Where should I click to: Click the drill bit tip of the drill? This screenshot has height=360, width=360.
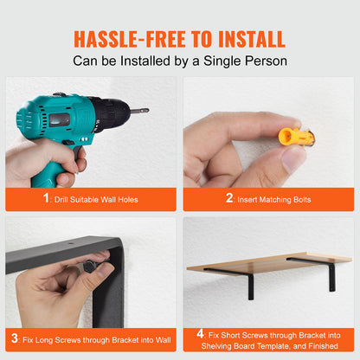click(145, 111)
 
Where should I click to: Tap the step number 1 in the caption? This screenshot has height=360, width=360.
click(47, 198)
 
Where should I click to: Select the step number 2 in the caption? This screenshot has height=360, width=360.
click(230, 198)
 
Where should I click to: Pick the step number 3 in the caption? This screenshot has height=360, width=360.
click(16, 337)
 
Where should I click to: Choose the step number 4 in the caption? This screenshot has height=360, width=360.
click(200, 332)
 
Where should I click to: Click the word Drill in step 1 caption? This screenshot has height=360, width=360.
click(67, 199)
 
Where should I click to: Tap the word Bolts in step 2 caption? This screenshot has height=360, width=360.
click(298, 199)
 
